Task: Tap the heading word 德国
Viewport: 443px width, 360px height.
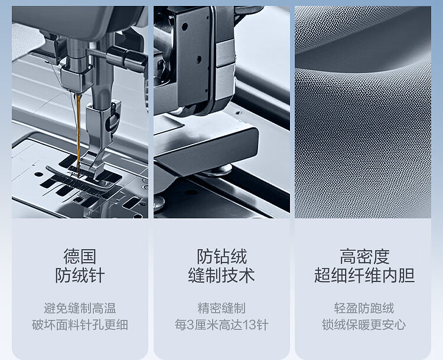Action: click(x=80, y=256)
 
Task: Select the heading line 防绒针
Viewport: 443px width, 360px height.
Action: click(x=80, y=275)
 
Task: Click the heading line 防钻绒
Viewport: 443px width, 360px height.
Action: click(x=221, y=256)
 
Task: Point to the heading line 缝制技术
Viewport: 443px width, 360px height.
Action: click(x=221, y=275)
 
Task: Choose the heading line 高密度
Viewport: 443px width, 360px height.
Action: click(x=364, y=256)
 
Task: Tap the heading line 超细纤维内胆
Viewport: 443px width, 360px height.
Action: click(x=364, y=275)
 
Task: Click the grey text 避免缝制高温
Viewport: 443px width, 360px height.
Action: click(x=80, y=308)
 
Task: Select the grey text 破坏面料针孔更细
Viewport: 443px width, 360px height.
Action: click(x=80, y=325)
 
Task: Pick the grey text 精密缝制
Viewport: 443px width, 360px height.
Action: click(x=221, y=308)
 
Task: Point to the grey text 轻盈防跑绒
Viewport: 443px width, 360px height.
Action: click(x=364, y=308)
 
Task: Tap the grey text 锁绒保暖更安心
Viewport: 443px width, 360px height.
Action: click(x=364, y=325)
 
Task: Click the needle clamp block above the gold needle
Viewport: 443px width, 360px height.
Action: click(x=76, y=78)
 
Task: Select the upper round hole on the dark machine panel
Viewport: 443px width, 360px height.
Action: click(x=185, y=27)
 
